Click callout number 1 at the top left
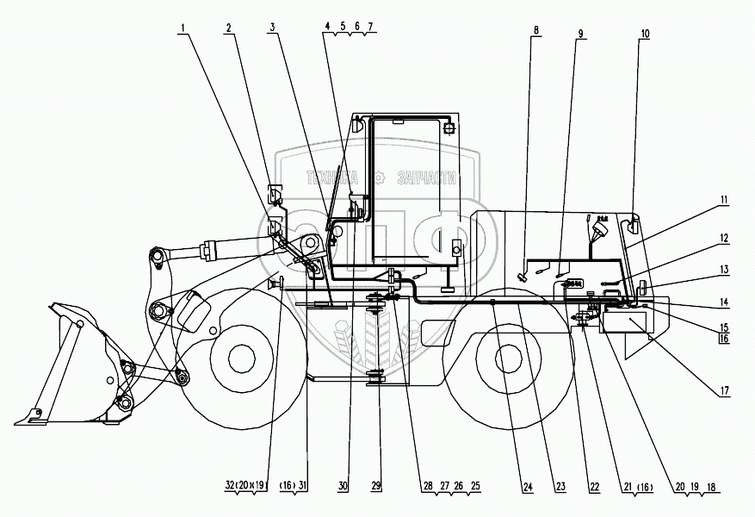[x=183, y=28]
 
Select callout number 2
[x=229, y=28]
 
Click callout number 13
[x=724, y=269]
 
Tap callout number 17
[x=724, y=390]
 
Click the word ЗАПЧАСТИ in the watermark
[x=425, y=179]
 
